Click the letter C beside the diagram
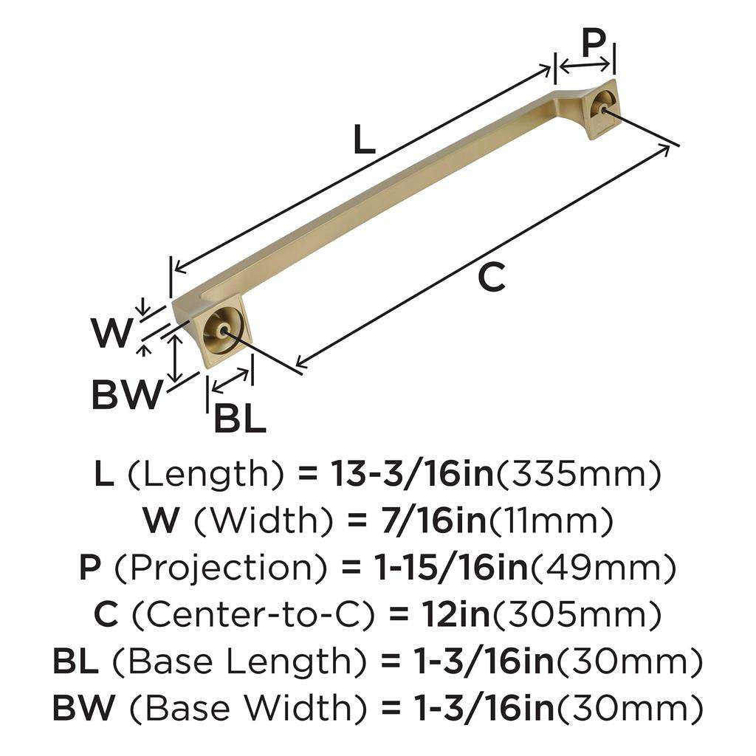click(491, 278)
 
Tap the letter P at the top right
click(594, 44)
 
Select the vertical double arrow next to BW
click(175, 357)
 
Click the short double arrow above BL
click(230, 380)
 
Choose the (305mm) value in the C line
click(577, 614)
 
